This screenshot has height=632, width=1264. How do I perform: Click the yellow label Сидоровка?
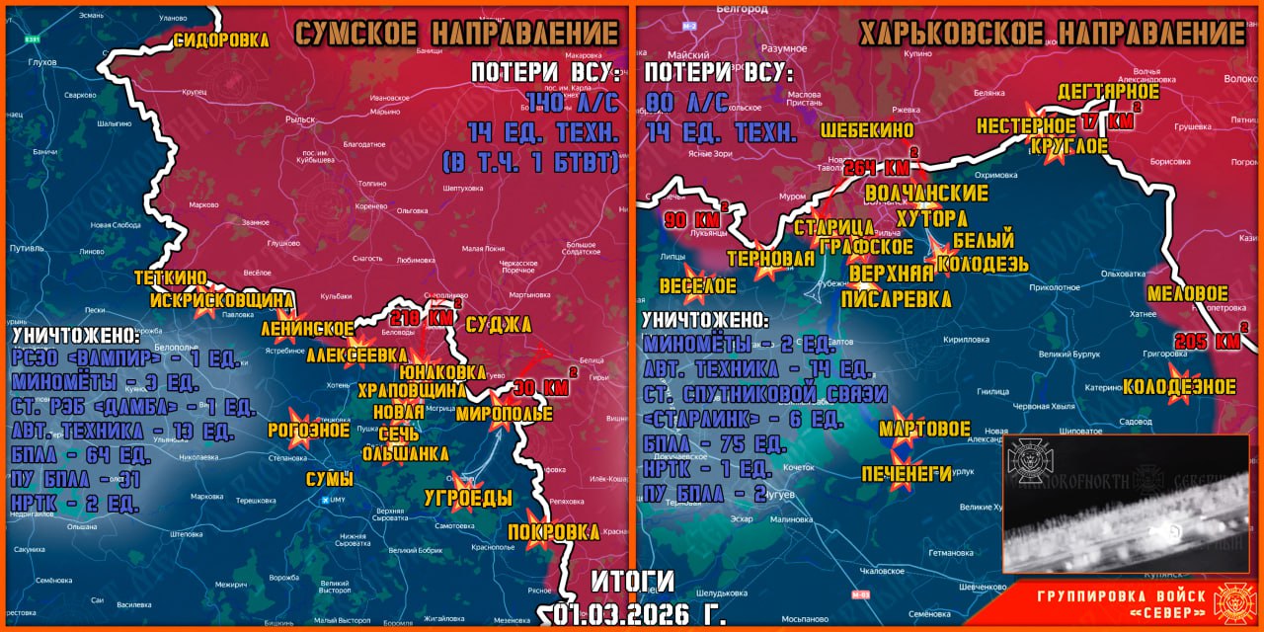pyautogui.click(x=221, y=40)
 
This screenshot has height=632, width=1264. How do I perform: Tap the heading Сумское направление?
pyautogui.click(x=456, y=34)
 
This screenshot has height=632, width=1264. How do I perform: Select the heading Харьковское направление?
pyautogui.click(x=1051, y=34)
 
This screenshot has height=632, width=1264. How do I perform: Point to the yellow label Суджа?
pyautogui.click(x=498, y=326)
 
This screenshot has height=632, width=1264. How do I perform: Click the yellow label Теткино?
pyautogui.click(x=170, y=278)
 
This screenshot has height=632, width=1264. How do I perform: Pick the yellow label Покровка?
pyautogui.click(x=553, y=532)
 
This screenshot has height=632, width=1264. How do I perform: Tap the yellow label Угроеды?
pyautogui.click(x=468, y=497)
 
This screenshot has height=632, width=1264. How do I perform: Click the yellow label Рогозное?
pyautogui.click(x=308, y=431)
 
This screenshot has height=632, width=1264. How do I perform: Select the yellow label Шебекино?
pyautogui.click(x=866, y=129)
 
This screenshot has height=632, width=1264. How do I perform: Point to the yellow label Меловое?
pyautogui.click(x=1187, y=294)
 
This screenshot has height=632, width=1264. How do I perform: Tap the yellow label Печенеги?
pyautogui.click(x=907, y=474)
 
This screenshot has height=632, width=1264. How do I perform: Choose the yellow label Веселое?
pyautogui.click(x=697, y=286)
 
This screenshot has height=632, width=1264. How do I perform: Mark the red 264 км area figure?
pyautogui.click(x=878, y=167)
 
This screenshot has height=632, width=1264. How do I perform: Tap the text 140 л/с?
pyautogui.click(x=572, y=103)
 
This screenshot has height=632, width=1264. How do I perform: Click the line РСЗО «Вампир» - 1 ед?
pyautogui.click(x=125, y=359)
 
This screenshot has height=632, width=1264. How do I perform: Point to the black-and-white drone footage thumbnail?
pyautogui.click(x=1126, y=503)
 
